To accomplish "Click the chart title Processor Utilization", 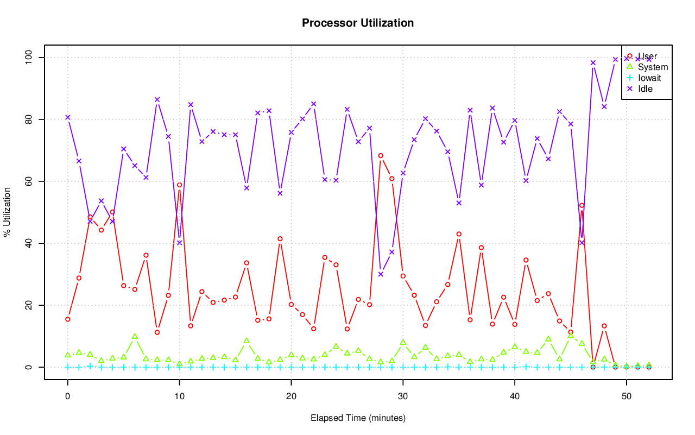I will pos(358,23).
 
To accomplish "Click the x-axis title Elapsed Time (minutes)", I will pos(358,418).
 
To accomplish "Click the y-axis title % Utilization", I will pos(7,212).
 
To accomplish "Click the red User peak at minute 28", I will pos(381,156).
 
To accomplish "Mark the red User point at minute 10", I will pos(179,185).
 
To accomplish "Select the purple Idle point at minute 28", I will pos(381,274).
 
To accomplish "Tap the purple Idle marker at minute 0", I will pos(68,117).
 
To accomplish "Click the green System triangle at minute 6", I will pos(135,337).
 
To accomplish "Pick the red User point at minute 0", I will pos(68,319).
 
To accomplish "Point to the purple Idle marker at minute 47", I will pos(593,62).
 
